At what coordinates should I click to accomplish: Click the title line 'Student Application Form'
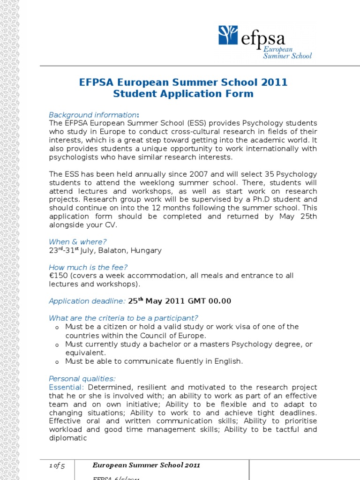[x=183, y=94]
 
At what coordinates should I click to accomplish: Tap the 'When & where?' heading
[x=78, y=242]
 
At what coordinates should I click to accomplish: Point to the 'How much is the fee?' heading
[x=88, y=267]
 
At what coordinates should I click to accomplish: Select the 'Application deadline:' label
[x=87, y=301]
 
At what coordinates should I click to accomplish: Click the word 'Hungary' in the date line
[x=146, y=250]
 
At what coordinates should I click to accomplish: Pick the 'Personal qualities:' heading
[x=82, y=378]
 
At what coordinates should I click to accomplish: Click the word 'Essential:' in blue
[x=67, y=387]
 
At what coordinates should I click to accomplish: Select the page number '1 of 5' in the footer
[x=57, y=465]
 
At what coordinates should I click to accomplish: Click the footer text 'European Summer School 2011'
[x=146, y=465]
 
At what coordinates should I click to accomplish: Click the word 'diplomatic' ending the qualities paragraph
[x=68, y=438]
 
